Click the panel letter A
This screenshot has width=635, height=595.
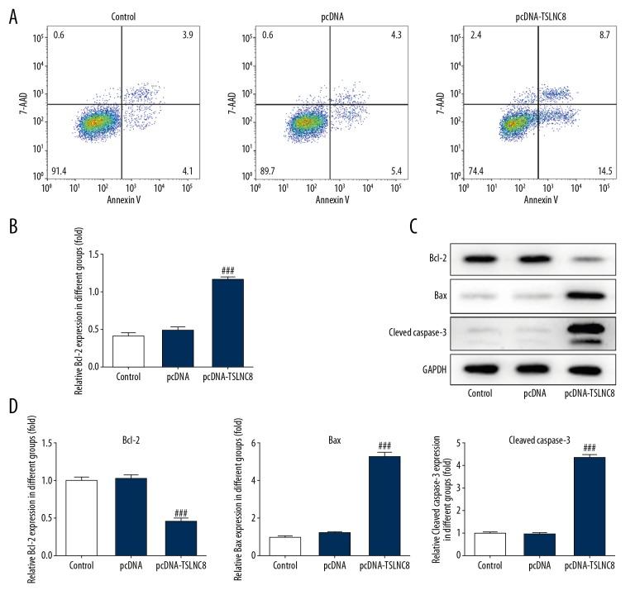[x=12, y=17]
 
